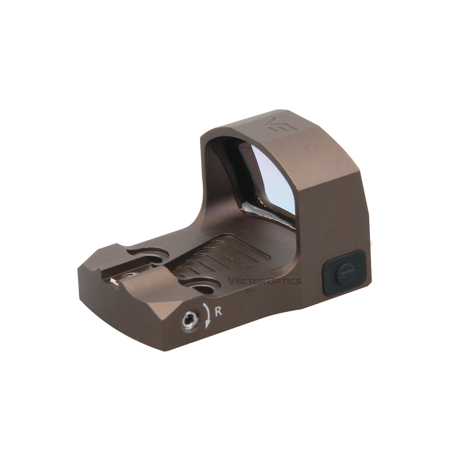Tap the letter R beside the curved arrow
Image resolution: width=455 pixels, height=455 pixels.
[x=218, y=312]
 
